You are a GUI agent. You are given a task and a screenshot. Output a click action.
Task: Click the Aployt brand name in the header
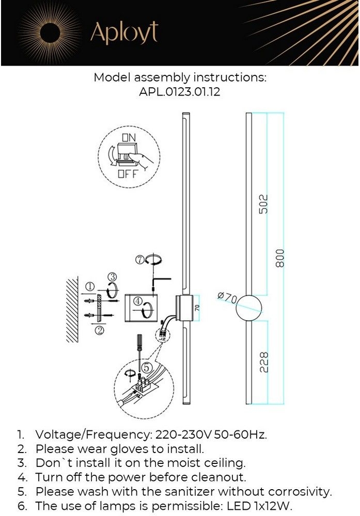point(124,33)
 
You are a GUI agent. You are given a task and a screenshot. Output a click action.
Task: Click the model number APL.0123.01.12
point(180,91)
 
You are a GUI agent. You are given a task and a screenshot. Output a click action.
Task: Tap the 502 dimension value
point(263,204)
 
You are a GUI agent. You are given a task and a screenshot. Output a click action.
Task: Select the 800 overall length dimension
point(279,259)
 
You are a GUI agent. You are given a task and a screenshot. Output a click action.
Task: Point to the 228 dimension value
point(264,362)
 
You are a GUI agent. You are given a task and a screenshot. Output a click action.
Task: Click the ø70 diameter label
point(228,298)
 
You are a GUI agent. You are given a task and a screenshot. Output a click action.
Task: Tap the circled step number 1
point(90,286)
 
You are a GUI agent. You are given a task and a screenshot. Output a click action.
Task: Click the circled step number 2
point(99,330)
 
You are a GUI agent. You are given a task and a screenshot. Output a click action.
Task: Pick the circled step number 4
point(138,301)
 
